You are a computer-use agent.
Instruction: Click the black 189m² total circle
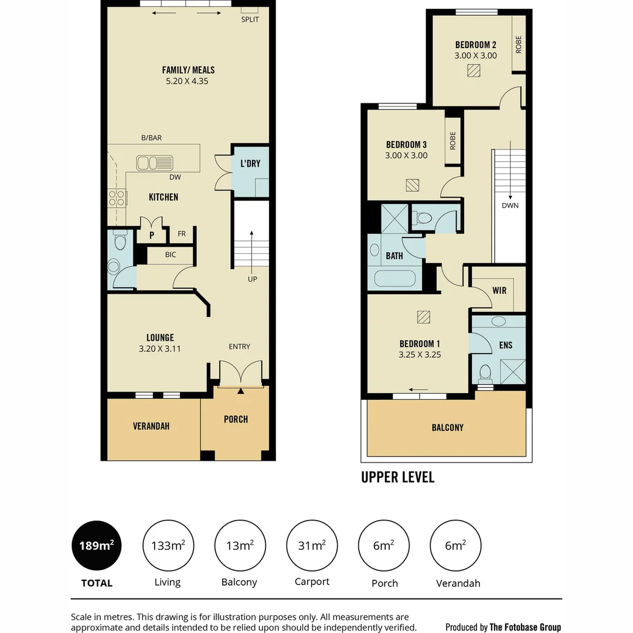[x=96, y=546]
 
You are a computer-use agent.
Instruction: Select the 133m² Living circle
[x=168, y=546]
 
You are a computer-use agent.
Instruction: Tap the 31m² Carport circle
[x=311, y=546]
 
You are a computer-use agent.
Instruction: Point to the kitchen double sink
[x=155, y=162]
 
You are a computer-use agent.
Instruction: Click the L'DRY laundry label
[x=250, y=164]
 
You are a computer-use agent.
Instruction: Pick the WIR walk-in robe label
[x=499, y=290]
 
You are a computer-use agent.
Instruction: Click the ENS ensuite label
[x=506, y=345]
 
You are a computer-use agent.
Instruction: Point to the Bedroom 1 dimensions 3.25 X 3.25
[x=420, y=355]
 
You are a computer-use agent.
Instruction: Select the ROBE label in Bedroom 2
[x=519, y=45]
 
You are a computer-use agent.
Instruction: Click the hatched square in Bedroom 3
[x=413, y=185]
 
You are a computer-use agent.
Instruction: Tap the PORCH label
[x=236, y=419]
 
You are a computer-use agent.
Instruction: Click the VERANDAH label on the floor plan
[x=151, y=426]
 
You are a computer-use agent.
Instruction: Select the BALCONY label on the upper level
[x=447, y=428]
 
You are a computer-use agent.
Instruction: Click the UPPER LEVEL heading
[x=398, y=477]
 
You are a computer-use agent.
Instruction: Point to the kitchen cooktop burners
[x=117, y=198]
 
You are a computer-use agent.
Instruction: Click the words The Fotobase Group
[x=525, y=627]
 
